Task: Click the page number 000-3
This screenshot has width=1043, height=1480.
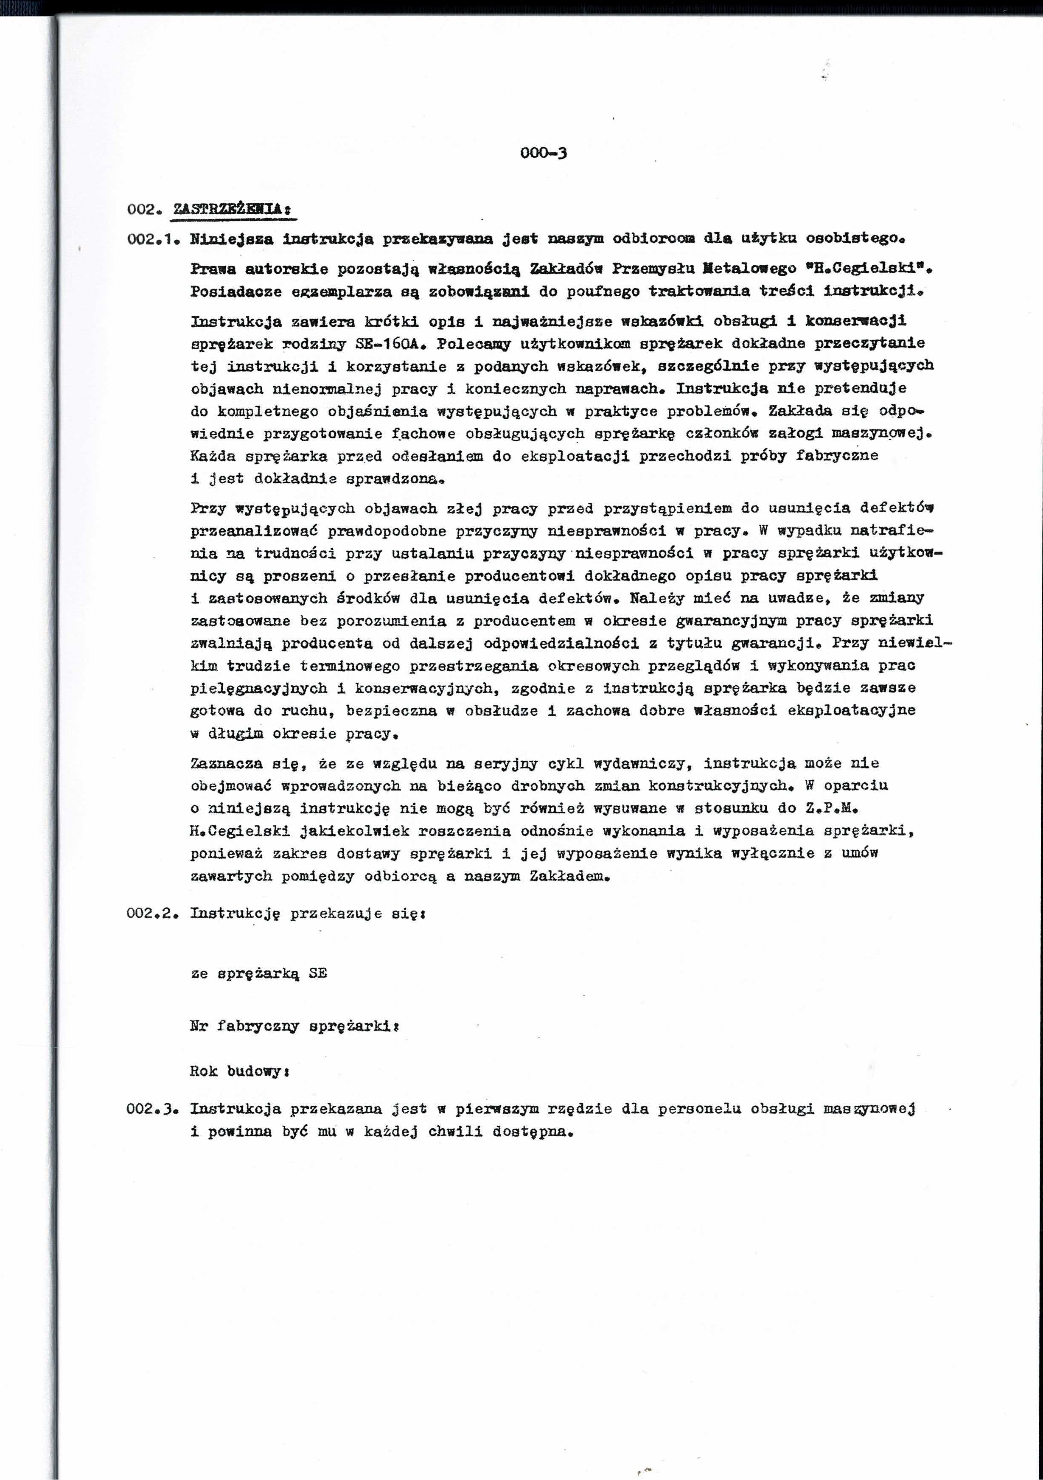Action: [544, 154]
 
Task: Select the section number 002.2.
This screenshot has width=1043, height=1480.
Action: [151, 914]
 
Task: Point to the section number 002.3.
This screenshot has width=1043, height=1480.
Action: [151, 1109]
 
